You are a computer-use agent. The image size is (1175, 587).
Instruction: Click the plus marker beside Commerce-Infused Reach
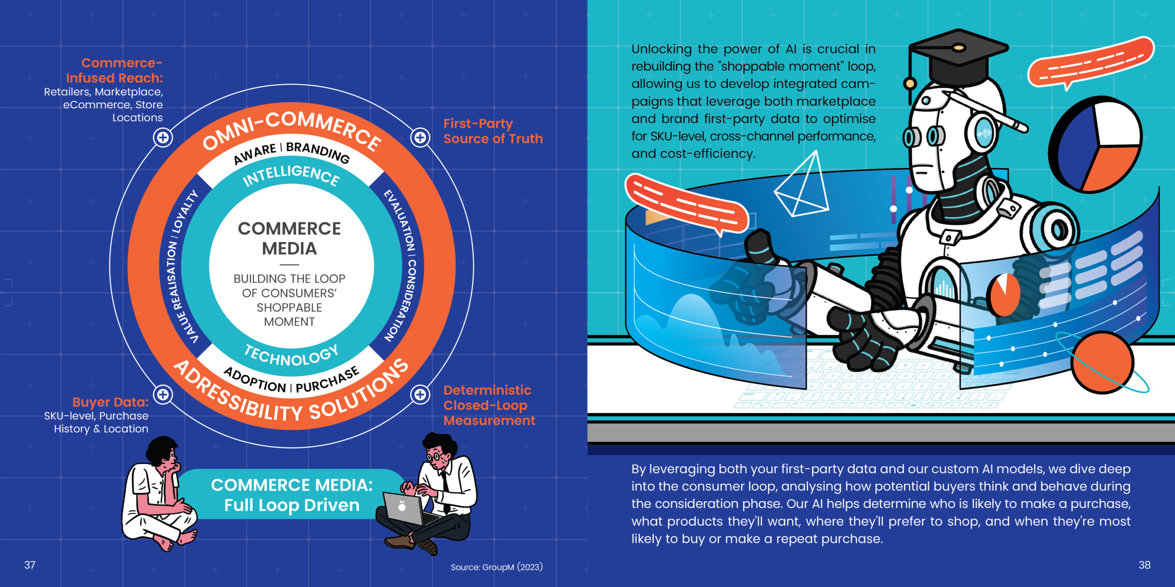[x=163, y=138]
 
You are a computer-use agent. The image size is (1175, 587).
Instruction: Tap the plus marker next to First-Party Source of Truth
[x=420, y=138]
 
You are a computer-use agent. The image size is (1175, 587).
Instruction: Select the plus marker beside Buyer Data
[x=163, y=394]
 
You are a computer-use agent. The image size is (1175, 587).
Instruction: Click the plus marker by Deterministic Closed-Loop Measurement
[x=420, y=394]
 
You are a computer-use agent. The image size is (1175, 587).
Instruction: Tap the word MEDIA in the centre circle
[x=289, y=249]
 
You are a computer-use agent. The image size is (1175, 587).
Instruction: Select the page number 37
[x=30, y=565]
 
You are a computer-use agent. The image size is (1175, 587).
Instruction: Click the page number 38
[x=1144, y=565]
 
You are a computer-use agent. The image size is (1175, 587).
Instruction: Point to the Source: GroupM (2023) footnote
[x=496, y=567]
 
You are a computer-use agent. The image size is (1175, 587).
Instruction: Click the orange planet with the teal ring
[x=1102, y=362]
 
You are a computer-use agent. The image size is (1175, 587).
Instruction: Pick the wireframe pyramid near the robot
[x=803, y=188]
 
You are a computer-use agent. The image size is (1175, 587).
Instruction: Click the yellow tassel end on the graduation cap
[x=909, y=84]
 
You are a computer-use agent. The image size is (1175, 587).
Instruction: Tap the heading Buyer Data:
[x=110, y=402]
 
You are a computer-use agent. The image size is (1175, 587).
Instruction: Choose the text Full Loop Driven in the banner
[x=291, y=505]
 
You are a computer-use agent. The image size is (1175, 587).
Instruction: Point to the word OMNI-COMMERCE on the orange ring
[x=292, y=128]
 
